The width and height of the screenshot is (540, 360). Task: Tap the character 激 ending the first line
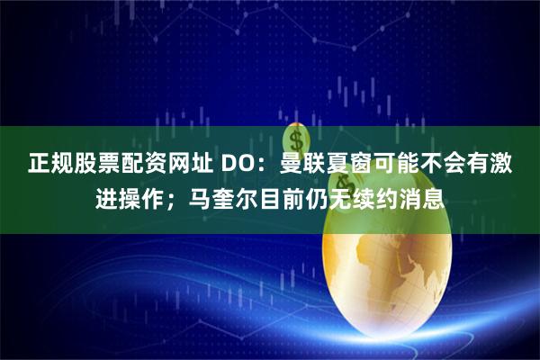coord(503,165)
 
